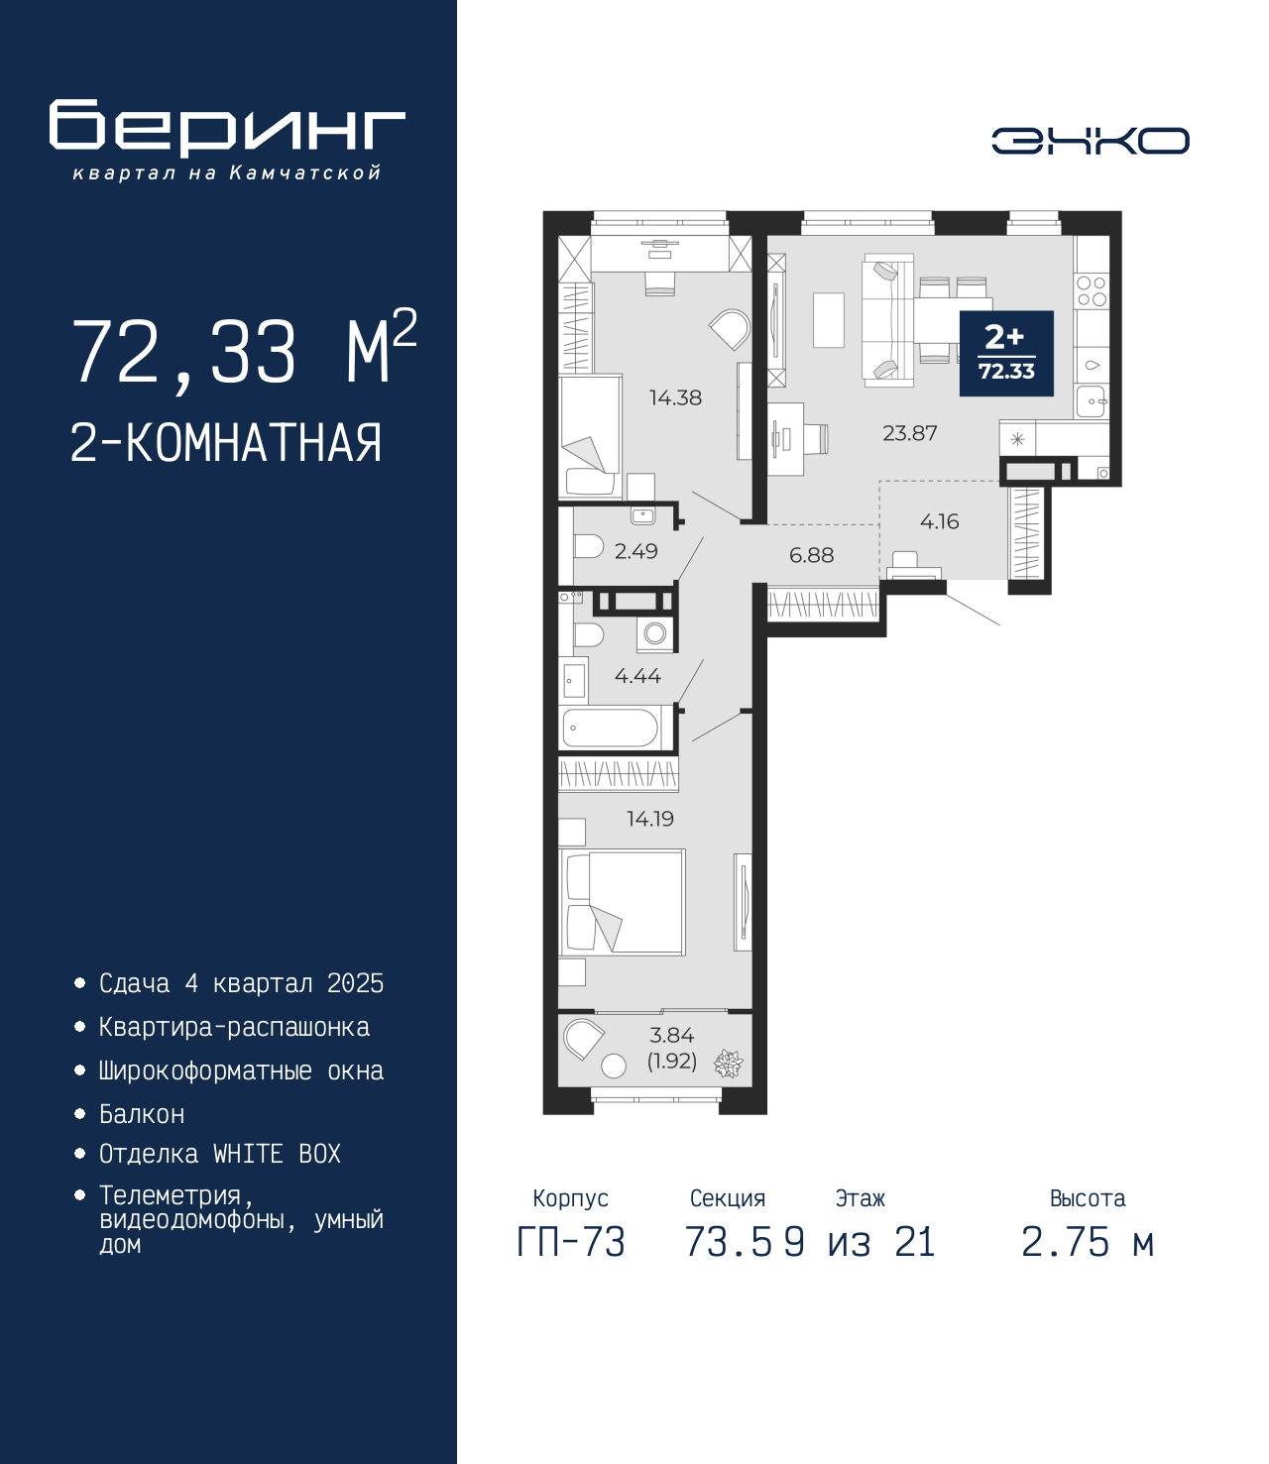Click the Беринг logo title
(x=227, y=128)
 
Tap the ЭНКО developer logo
(x=1090, y=140)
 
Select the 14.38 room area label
(x=675, y=397)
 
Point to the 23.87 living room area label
(x=910, y=432)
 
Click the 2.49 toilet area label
(x=635, y=550)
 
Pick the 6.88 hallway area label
(x=811, y=555)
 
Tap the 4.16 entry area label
(x=939, y=521)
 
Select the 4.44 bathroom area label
(x=637, y=676)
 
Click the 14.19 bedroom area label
(x=649, y=819)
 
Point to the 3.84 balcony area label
(x=672, y=1035)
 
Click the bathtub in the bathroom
(x=611, y=728)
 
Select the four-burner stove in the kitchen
(x=1092, y=291)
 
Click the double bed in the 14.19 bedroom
(x=622, y=902)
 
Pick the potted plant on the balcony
(x=728, y=1064)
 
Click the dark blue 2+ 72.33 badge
(x=1006, y=353)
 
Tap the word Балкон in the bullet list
(x=142, y=1114)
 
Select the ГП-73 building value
(x=570, y=1242)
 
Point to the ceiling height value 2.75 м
(x=1087, y=1242)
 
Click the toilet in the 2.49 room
(x=588, y=547)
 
